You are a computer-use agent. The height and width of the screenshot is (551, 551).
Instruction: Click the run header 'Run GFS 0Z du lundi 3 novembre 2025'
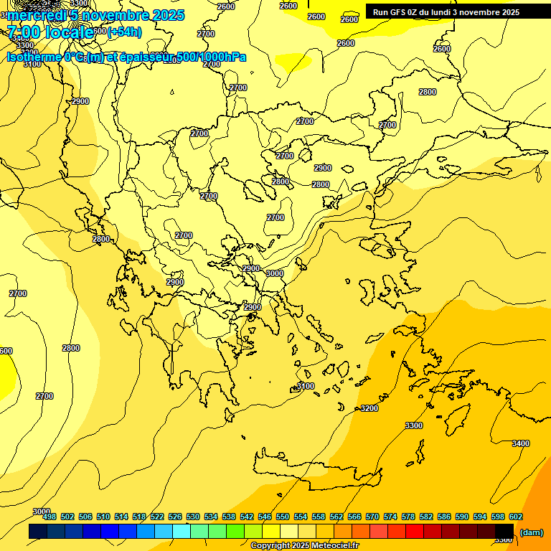[x=446, y=12]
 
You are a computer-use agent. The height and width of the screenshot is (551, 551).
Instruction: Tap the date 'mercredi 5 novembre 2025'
[x=95, y=15]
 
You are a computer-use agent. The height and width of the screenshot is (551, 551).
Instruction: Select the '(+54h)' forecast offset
[x=126, y=32]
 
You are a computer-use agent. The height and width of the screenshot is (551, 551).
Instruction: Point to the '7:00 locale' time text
[x=50, y=32]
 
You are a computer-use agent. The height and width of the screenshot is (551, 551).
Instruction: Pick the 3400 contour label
[x=520, y=443]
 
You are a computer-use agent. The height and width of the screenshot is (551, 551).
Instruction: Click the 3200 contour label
[x=369, y=408]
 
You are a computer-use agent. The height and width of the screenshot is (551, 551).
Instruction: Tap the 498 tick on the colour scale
[x=50, y=517]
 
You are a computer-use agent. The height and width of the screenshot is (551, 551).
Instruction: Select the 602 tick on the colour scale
[x=516, y=517]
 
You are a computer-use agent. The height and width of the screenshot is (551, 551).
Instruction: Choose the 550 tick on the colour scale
[x=283, y=517]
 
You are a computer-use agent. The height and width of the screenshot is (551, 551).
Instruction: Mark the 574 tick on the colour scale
[x=390, y=517]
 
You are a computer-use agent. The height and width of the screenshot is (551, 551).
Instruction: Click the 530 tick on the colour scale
[x=193, y=517]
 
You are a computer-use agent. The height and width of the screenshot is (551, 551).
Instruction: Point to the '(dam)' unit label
[x=531, y=532]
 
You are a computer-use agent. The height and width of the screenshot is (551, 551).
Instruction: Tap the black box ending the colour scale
[x=504, y=531]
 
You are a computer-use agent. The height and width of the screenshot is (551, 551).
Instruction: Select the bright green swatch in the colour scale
[x=235, y=531]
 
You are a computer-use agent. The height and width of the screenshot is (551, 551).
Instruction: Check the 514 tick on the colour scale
[x=121, y=517]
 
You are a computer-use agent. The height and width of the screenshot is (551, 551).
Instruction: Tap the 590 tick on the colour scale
[x=462, y=517]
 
